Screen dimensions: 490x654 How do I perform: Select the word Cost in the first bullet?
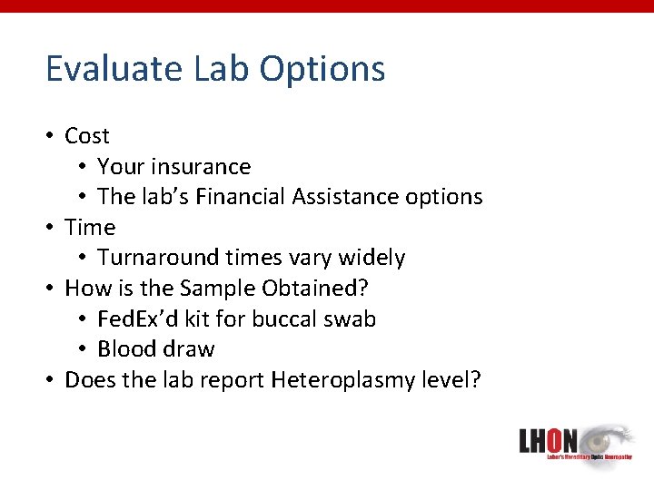pos(87,136)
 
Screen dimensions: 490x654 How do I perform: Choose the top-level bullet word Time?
pos(90,228)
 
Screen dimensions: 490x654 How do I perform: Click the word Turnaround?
pos(154,258)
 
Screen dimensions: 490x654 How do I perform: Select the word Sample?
pos(219,289)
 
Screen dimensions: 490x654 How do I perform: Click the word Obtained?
pos(321,289)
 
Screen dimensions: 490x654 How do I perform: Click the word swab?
pos(352,319)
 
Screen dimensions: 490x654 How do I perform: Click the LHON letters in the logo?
pos(548,442)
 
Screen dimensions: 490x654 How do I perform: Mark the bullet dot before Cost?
pos(51,136)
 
